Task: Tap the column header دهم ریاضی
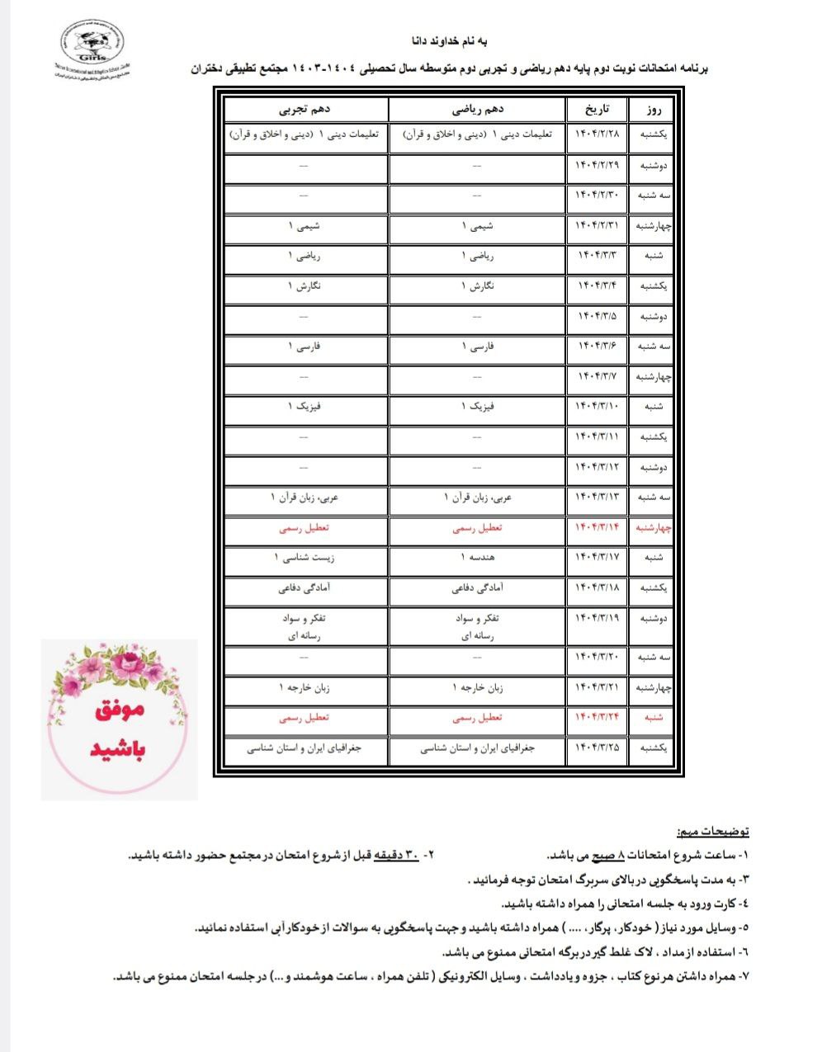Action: (478, 110)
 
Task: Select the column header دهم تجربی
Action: (305, 110)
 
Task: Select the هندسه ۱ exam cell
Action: (478, 558)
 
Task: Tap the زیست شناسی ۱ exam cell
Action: (305, 558)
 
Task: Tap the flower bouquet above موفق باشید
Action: (118, 669)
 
